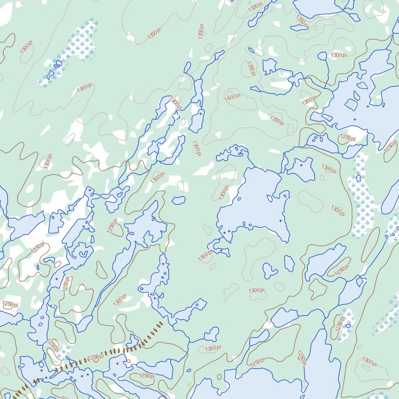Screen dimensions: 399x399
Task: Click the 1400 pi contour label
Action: [232, 97]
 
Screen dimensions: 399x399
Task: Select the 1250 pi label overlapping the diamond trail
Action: [94, 357]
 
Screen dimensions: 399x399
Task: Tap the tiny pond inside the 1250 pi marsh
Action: [348, 326]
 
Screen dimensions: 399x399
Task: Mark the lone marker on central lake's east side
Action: [280, 221]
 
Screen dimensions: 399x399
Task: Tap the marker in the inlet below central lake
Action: [221, 250]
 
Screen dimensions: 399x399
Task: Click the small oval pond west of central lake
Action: [179, 200]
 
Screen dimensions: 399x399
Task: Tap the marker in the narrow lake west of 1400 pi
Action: [200, 113]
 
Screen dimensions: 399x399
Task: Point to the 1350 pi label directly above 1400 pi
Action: [251, 68]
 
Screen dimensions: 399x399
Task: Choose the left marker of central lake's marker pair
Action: [224, 231]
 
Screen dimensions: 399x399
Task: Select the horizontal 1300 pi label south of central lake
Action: [256, 290]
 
